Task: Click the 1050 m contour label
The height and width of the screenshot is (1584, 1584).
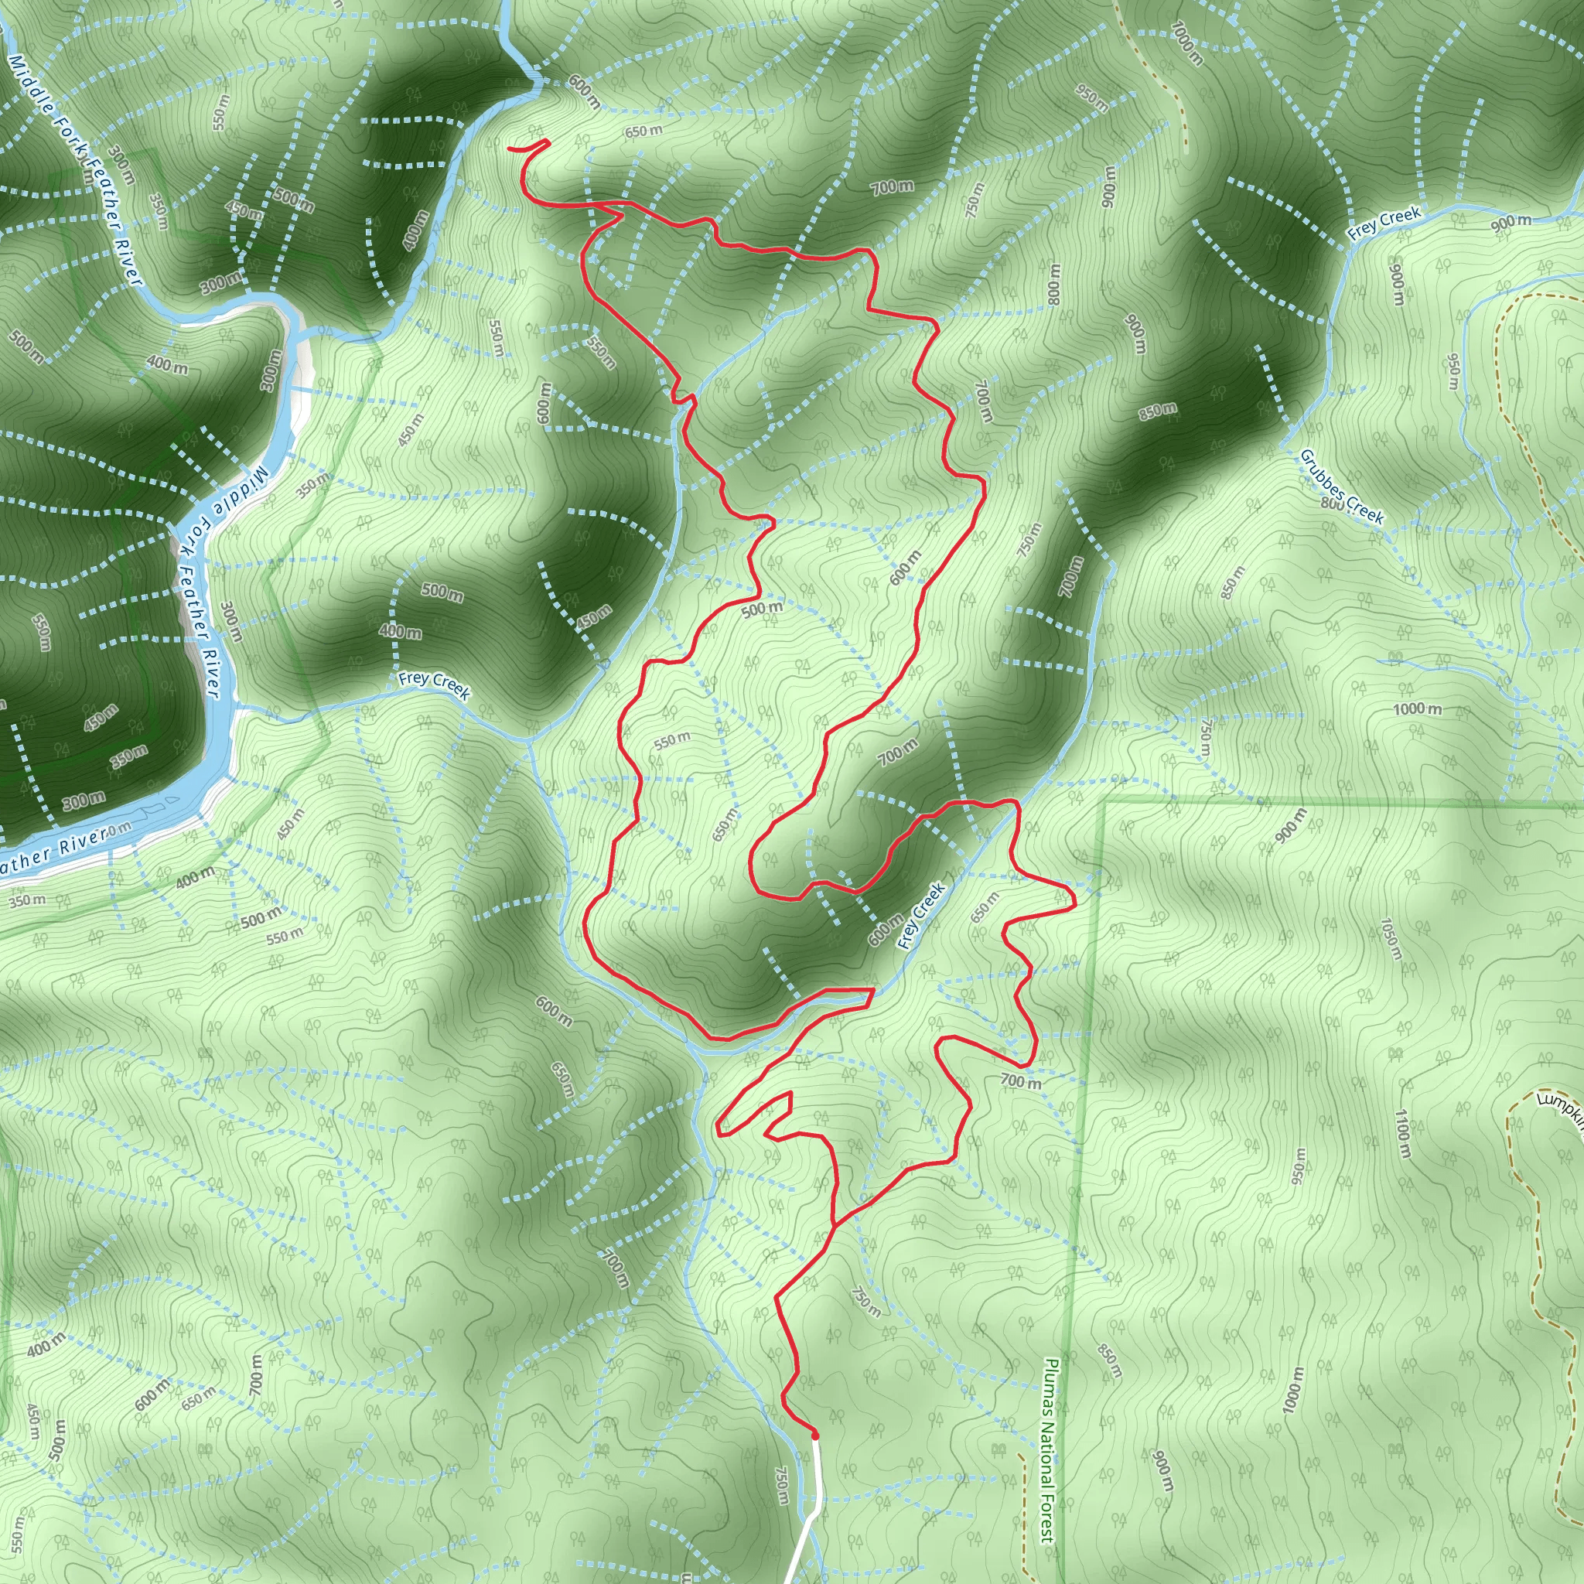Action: point(1391,939)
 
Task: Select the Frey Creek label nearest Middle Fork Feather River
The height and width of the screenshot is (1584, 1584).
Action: point(435,684)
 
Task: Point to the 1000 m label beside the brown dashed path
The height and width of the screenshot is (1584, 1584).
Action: point(1187,43)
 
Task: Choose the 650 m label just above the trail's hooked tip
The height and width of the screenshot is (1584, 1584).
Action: point(643,131)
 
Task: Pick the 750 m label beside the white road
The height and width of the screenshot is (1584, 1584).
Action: point(781,1486)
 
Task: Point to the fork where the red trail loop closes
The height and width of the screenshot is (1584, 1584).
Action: point(834,1226)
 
